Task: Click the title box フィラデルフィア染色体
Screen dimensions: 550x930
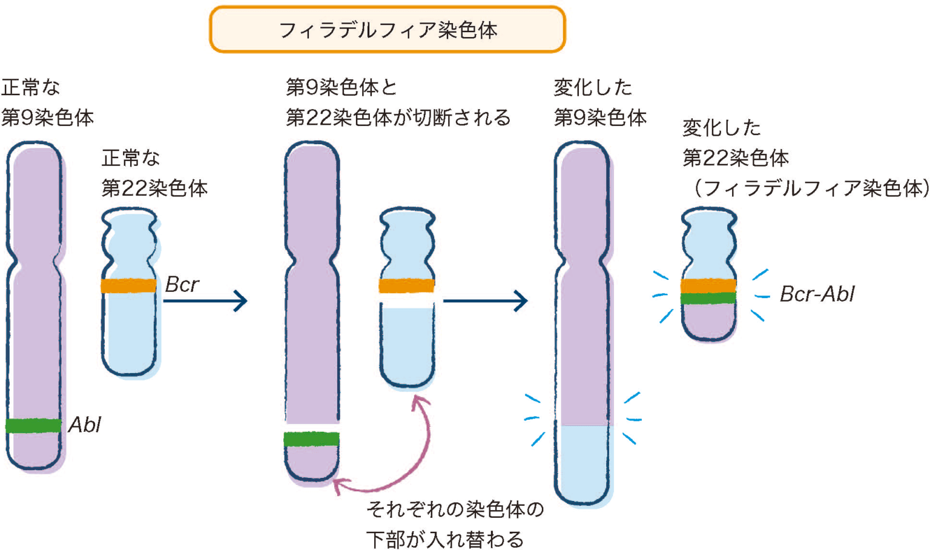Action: tap(387, 30)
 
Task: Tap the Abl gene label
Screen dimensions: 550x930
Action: tap(84, 425)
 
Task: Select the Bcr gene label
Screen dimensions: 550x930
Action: tap(182, 284)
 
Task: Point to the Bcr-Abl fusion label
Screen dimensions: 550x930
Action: tap(817, 294)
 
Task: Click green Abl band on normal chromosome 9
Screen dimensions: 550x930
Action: tap(34, 426)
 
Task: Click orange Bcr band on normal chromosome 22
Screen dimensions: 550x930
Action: tap(128, 285)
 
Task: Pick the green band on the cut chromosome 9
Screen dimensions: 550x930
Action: tap(312, 439)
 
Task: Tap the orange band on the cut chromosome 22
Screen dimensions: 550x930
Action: tap(406, 285)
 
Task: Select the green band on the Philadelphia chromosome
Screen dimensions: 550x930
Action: tap(708, 298)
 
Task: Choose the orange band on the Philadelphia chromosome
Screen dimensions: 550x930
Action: tap(708, 285)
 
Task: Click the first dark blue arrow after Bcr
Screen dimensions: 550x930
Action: tap(206, 300)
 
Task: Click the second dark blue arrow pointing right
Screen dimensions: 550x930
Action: tap(486, 300)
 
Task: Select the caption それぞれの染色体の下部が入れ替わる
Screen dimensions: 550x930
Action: tap(454, 524)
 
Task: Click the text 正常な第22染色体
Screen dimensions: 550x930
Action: tap(154, 173)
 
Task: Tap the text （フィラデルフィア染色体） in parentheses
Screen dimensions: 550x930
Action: tap(808, 188)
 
